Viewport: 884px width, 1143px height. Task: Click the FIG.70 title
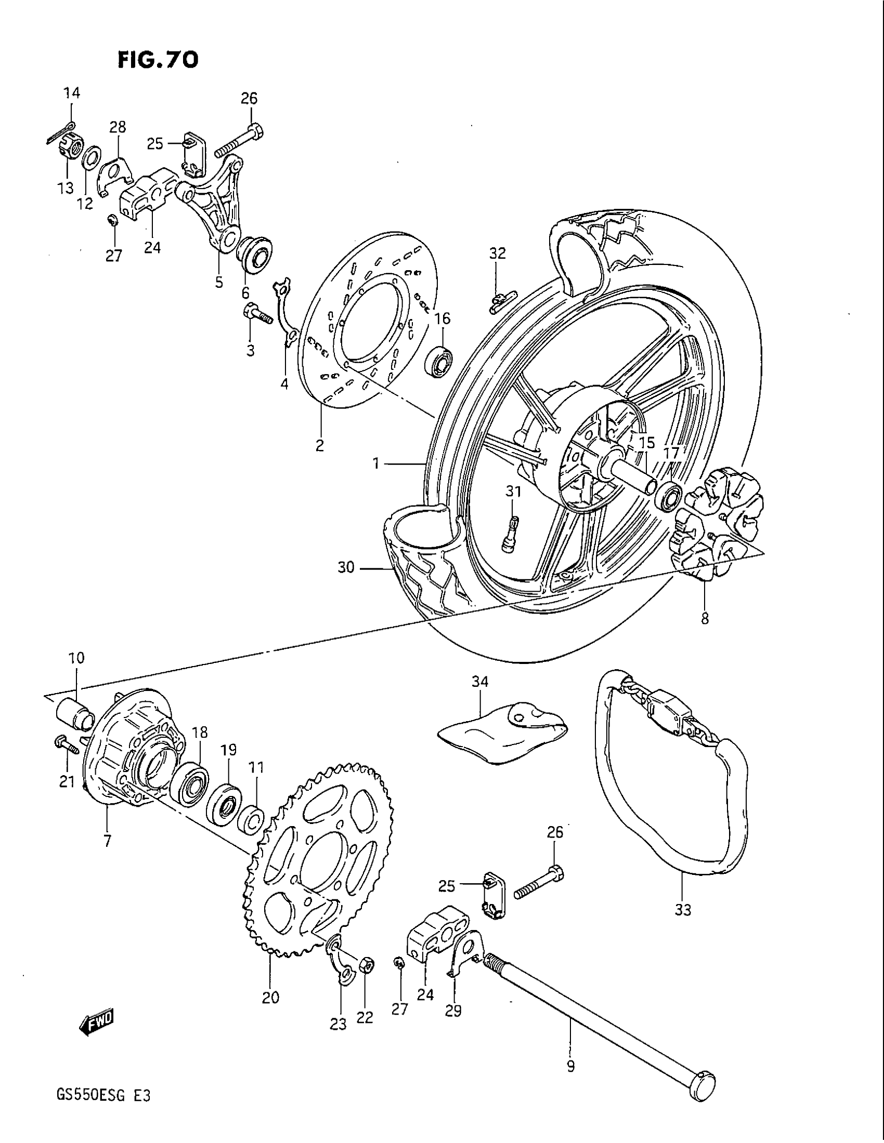tap(158, 60)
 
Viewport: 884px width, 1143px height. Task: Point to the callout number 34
tap(480, 682)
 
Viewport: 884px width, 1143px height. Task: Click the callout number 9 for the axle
tap(571, 1076)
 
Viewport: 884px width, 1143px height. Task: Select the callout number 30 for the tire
tap(346, 567)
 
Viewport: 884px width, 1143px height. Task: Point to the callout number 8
tap(705, 619)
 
